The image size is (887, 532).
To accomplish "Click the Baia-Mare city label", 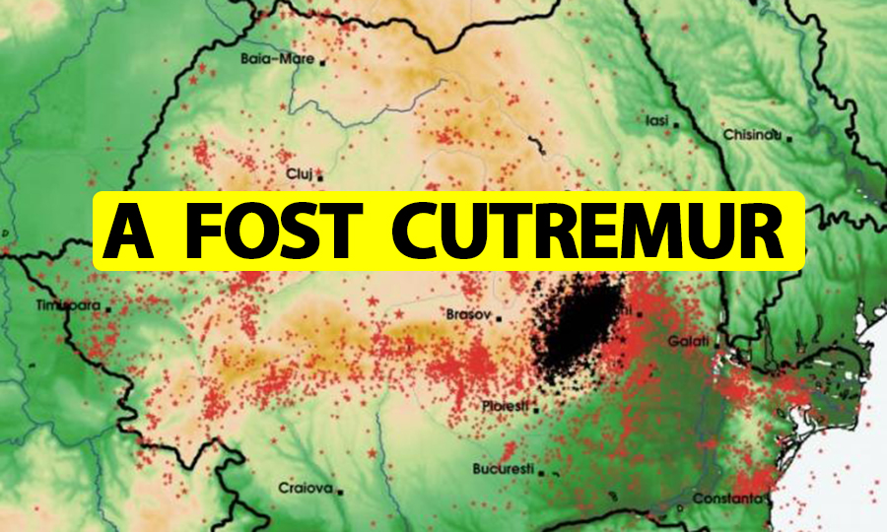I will [x=277, y=59].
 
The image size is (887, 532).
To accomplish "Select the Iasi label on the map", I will [x=656, y=121].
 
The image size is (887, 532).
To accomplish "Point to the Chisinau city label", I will [x=752, y=134].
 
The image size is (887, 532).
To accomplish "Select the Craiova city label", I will [x=307, y=488].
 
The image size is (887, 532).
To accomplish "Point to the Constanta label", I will [x=726, y=499].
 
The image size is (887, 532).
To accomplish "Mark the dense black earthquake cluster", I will [x=577, y=330].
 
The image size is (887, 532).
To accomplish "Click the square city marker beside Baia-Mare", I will [x=322, y=60].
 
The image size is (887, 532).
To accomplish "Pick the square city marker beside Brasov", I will [x=500, y=319].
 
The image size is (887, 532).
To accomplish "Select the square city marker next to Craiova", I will [x=342, y=490].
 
